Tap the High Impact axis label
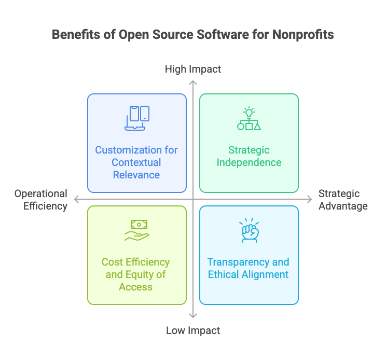coord(193,69)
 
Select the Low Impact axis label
coord(193,330)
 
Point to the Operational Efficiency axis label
coord(41,200)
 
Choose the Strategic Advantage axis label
coord(343,200)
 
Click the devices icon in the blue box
coord(137,118)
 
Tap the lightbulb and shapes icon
coord(249,119)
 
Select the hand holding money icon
coord(137,230)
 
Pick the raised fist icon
coord(249,230)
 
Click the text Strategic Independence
coord(249,156)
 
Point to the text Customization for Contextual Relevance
coord(136,162)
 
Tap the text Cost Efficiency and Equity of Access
coord(136,274)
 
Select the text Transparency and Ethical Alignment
coord(249,268)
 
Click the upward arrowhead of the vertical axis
coord(193,81)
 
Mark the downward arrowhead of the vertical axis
coord(193,315)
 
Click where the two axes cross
coord(193,199)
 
